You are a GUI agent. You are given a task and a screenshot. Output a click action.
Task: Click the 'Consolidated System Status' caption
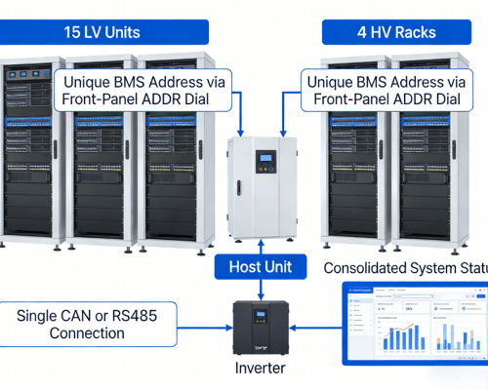click(405, 267)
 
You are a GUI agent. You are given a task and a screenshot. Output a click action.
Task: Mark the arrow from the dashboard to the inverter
click(316, 327)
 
